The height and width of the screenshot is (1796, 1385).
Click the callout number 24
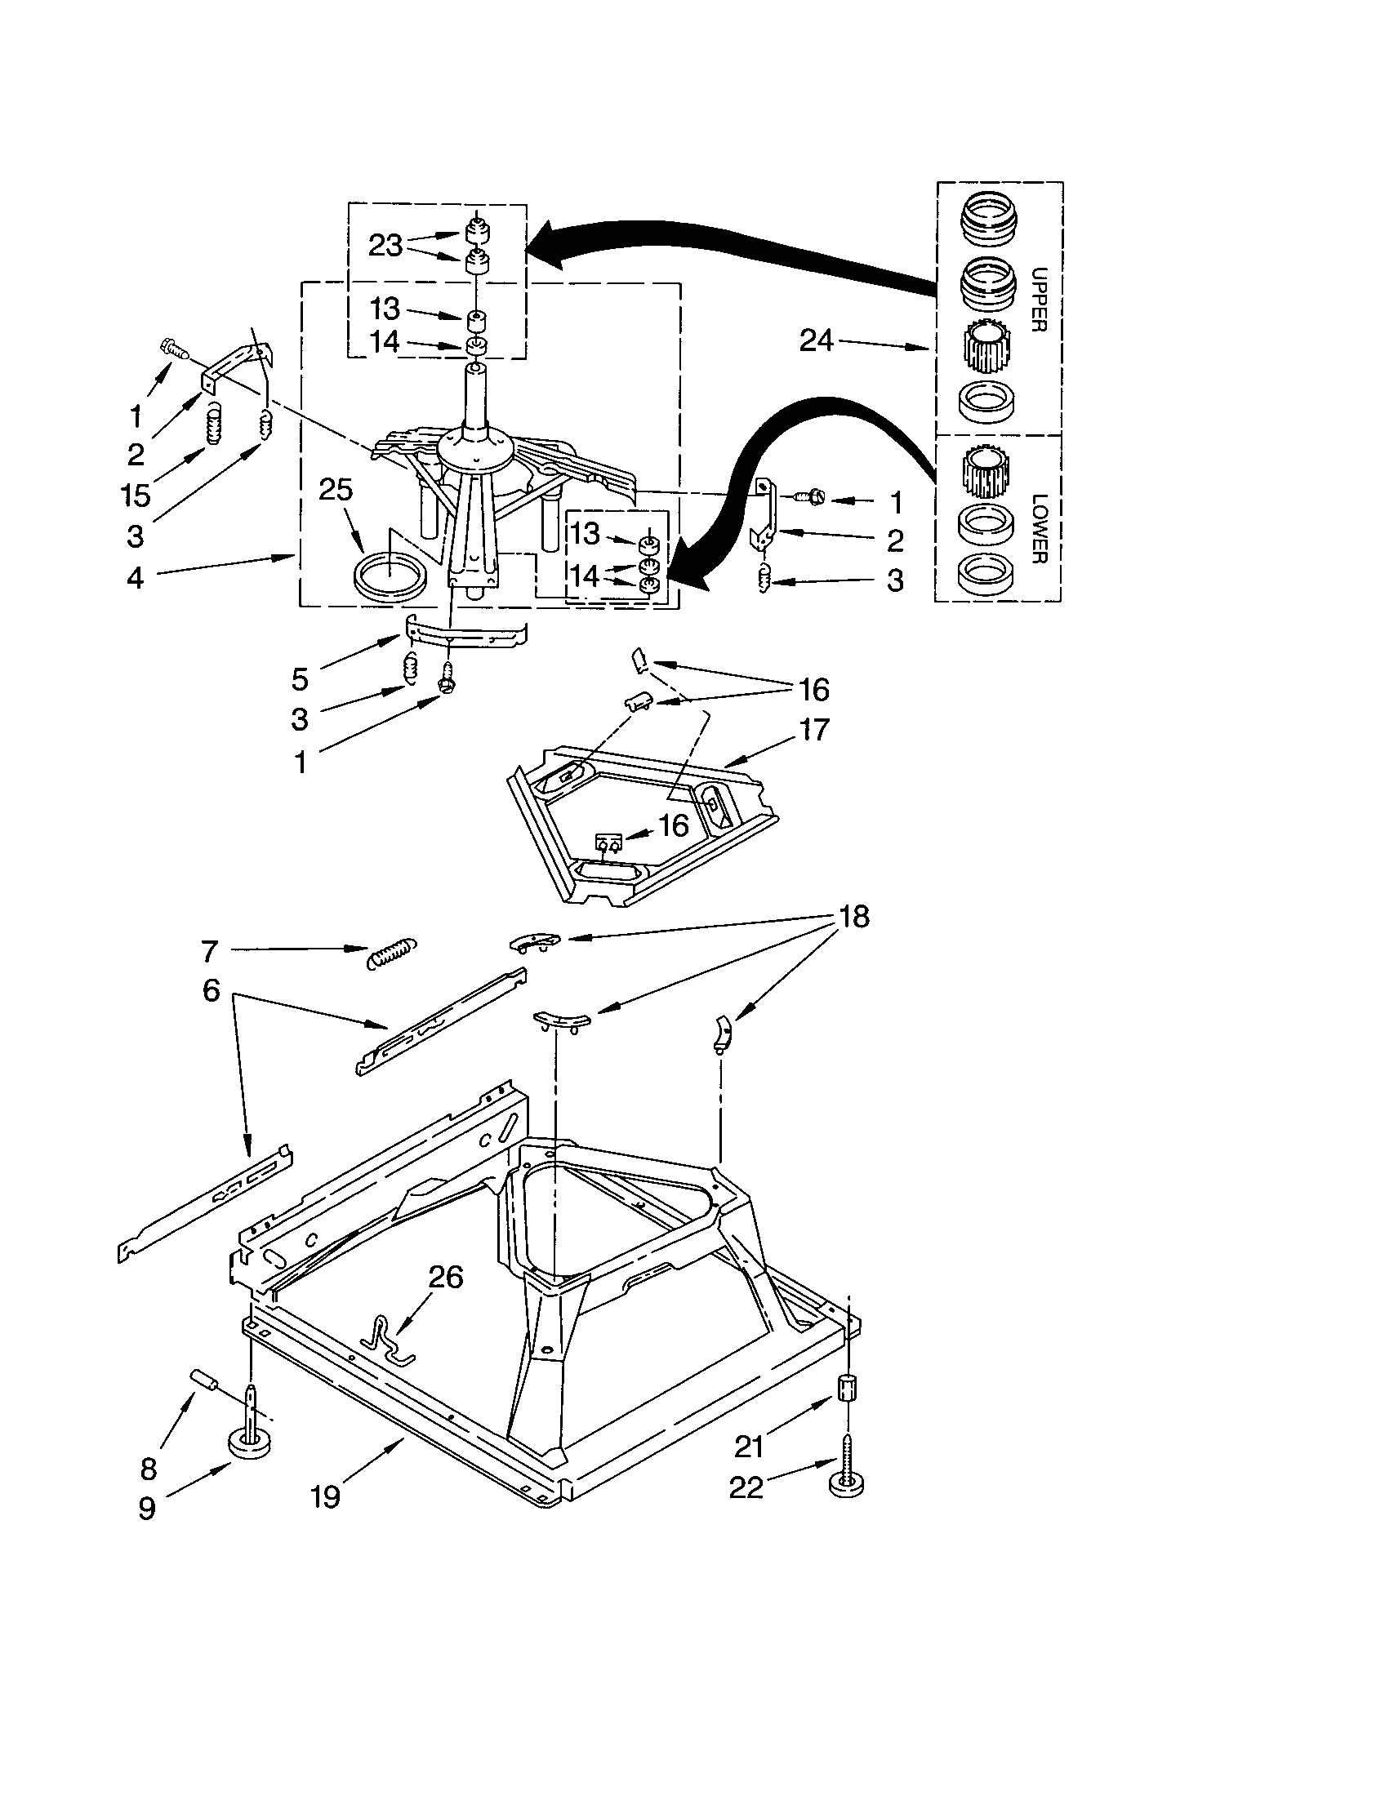817,340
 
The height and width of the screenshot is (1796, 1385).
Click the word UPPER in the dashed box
1038,300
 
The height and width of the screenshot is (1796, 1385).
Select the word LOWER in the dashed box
1038,528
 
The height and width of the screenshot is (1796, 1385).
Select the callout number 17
814,729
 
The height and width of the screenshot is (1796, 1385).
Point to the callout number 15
136,495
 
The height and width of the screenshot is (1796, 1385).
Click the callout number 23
385,245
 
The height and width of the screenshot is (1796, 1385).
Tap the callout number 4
135,577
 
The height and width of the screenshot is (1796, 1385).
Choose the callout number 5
301,679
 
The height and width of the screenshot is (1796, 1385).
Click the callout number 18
853,916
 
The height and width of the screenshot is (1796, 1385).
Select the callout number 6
212,990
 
